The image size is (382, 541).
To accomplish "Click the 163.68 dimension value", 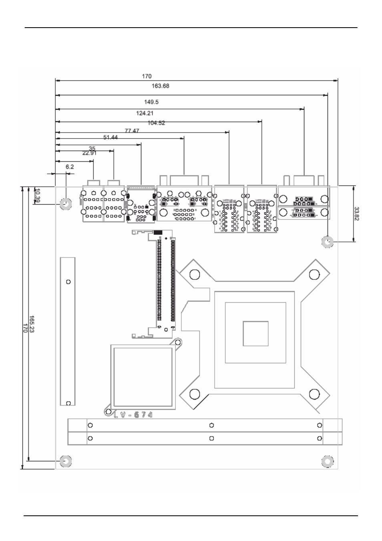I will click(160, 86).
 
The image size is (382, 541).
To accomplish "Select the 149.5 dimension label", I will click(151, 102).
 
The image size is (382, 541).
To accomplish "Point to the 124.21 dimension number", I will click(145, 113).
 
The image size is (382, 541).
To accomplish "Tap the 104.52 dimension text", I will click(156, 123).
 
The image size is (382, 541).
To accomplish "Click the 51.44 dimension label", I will click(111, 137).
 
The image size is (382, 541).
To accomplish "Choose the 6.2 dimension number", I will click(70, 167).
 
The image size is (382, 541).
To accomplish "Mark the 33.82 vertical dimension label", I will click(357, 213).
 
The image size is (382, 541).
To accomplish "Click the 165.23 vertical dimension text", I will click(32, 327).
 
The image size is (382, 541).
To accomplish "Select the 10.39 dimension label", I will click(37, 195).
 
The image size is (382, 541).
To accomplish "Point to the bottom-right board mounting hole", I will click(328, 461).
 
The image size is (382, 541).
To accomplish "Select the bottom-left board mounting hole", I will click(65, 461).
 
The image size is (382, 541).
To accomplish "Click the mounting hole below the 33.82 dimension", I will click(328, 242).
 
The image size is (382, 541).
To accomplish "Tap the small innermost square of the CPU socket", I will click(255, 333).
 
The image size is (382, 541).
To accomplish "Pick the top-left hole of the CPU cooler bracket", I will click(195, 274).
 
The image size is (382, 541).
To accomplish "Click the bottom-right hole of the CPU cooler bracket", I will click(315, 394).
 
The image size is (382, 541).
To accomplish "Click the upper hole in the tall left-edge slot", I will click(68, 282).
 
